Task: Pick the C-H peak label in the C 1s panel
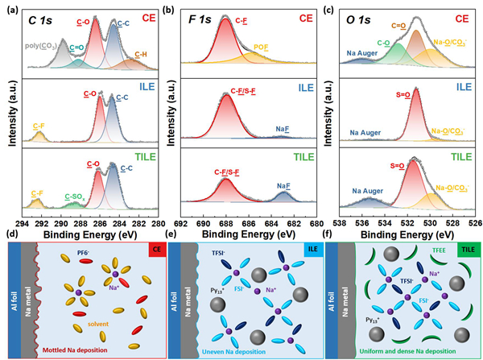pyautogui.click(x=141, y=54)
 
